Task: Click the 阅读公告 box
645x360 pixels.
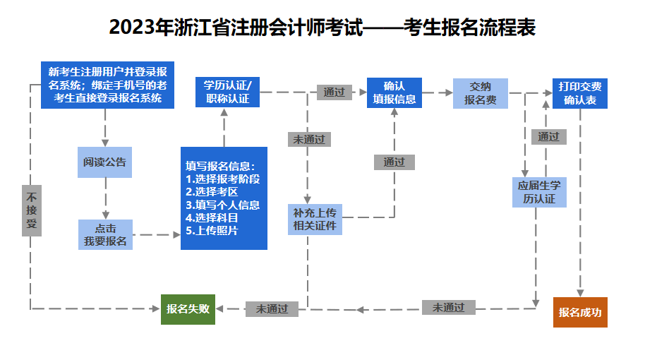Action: pos(105,162)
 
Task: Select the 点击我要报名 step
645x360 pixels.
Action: pos(105,235)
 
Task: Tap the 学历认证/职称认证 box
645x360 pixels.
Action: pos(228,92)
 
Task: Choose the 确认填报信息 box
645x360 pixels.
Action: pos(394,92)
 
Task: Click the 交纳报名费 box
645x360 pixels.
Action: pos(480,92)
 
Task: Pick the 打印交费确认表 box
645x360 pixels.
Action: pos(580,92)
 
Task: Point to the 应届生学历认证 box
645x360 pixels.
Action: pos(539,192)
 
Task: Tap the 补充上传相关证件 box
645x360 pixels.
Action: pos(315,220)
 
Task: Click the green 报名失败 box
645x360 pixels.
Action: pos(188,308)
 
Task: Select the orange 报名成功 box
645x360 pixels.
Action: pos(580,312)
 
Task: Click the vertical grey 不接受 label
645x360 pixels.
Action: pos(31,210)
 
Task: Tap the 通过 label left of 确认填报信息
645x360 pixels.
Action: pos(334,92)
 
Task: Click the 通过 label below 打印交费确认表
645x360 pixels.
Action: pos(548,137)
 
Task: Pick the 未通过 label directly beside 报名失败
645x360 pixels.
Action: pos(272,308)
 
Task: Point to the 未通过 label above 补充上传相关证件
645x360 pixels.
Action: pos(309,139)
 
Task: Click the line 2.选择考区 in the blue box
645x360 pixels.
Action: pos(212,192)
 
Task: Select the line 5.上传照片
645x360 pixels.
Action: pos(212,231)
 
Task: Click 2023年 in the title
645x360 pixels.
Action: pos(133,28)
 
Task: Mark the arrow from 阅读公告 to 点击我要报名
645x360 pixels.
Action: pos(105,199)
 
